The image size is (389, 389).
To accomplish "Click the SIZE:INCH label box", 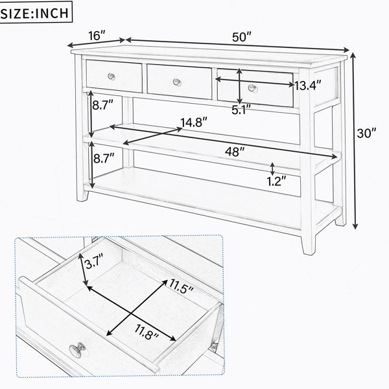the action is point(35,12).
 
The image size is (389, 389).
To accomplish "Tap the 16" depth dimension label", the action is point(97,36).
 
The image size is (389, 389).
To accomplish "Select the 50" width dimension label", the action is point(242,37).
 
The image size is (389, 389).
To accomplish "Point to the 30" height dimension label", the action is point(367,133).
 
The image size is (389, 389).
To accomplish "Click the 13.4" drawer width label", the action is point(307,86).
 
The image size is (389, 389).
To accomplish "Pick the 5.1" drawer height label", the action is point(241,110).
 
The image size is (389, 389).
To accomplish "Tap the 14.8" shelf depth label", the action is point(194,123).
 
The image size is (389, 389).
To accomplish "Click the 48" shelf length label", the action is point(235,152).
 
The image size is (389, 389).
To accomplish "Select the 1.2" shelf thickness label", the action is point(277,181).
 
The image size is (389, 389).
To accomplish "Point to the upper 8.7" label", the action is point(102,105).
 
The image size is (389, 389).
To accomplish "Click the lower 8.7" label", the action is point(104,158).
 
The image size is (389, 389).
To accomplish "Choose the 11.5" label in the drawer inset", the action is point(182,286).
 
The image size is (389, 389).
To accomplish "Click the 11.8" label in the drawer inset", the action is point(147,332).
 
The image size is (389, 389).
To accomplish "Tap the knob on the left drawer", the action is point(112,77).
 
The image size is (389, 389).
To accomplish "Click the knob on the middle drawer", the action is point(177,82).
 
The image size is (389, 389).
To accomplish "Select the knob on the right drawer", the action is point(252,88).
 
